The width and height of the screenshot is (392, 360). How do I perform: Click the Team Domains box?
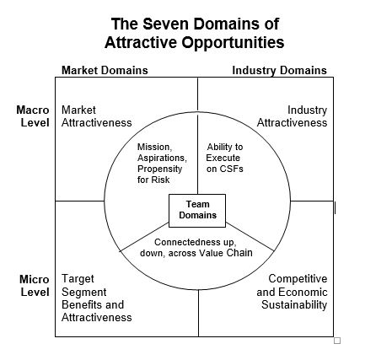tap(197, 211)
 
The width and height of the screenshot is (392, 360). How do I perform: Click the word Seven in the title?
tap(165, 24)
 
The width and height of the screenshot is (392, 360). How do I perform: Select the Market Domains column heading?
tap(105, 70)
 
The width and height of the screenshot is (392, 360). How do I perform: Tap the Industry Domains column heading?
tap(279, 70)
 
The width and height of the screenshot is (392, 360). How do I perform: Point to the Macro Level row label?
tap(33, 116)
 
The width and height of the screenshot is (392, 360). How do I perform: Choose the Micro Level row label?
tap(35, 286)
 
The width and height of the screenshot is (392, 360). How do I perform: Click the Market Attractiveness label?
tap(97, 116)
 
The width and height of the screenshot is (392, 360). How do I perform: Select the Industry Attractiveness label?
tap(292, 116)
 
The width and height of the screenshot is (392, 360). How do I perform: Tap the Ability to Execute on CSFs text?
tap(224, 158)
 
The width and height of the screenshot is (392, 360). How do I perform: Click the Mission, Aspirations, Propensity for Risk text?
tap(162, 164)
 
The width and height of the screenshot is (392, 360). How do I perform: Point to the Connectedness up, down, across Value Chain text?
tap(196, 248)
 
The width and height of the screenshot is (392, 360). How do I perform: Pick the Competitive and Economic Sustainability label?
tap(292, 292)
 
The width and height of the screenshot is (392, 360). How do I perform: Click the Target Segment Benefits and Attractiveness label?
tap(97, 298)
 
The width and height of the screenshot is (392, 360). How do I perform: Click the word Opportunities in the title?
tap(233, 43)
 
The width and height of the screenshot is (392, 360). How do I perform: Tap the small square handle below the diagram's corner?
tap(337, 341)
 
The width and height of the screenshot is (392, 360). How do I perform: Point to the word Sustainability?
tap(294, 305)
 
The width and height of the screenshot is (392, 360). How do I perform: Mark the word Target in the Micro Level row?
tap(78, 279)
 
